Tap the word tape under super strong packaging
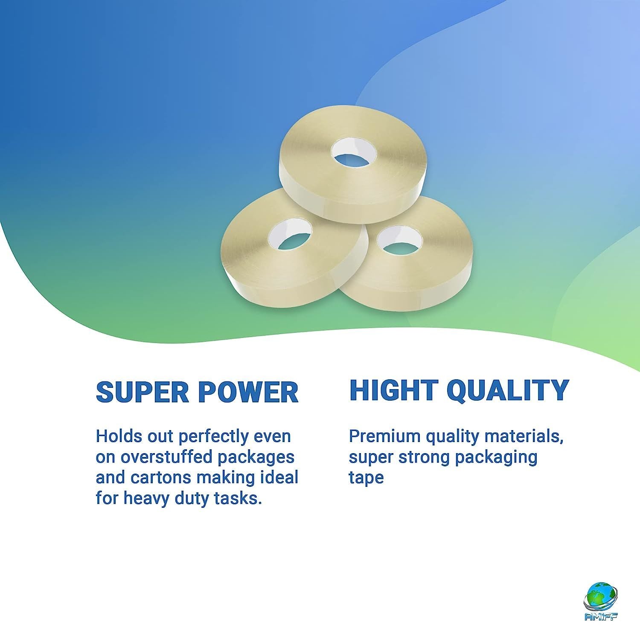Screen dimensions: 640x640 click(x=366, y=478)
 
